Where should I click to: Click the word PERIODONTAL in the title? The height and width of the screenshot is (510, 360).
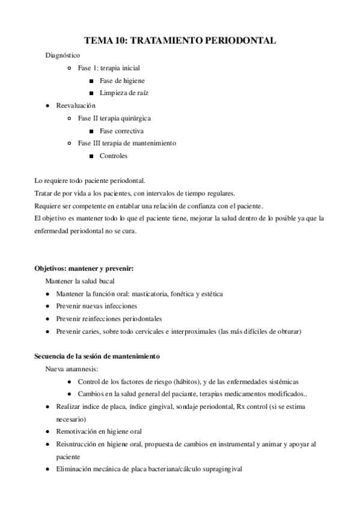click(x=240, y=40)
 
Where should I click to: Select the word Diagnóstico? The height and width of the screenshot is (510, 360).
click(x=63, y=55)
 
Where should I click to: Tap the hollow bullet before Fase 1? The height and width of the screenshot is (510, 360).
click(x=70, y=68)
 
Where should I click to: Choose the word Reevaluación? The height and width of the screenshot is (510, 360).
click(x=76, y=105)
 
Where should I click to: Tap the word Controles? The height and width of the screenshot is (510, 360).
click(x=114, y=156)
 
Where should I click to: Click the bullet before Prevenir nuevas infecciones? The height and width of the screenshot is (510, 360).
click(x=47, y=306)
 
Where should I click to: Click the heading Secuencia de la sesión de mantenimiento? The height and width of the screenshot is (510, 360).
click(x=97, y=357)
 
